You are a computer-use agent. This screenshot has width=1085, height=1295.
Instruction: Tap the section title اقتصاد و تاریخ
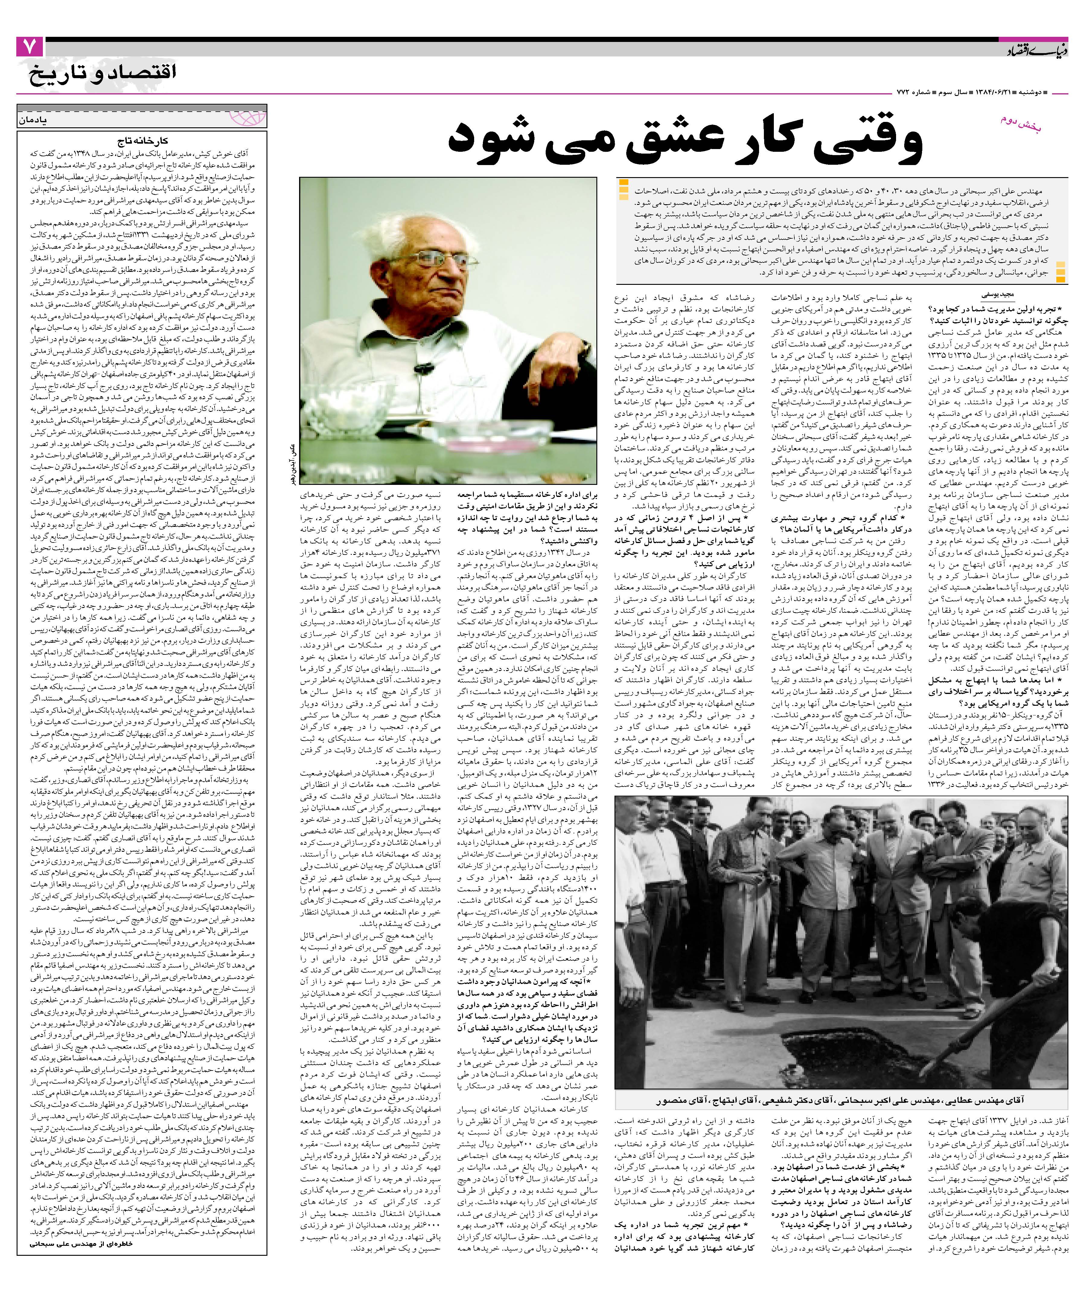coord(102,73)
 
